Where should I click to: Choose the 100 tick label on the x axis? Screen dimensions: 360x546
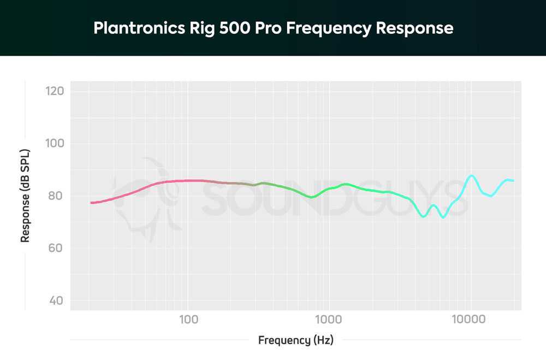click(188, 319)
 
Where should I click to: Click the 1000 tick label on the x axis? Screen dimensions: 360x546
click(328, 319)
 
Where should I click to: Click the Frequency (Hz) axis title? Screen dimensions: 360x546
click(295, 340)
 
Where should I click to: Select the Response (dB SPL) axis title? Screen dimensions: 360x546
click(25, 196)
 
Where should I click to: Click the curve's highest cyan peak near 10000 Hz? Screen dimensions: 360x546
click(471, 175)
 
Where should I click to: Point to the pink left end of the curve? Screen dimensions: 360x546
click(92, 203)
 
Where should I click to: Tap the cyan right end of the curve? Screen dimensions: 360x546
click(513, 180)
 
